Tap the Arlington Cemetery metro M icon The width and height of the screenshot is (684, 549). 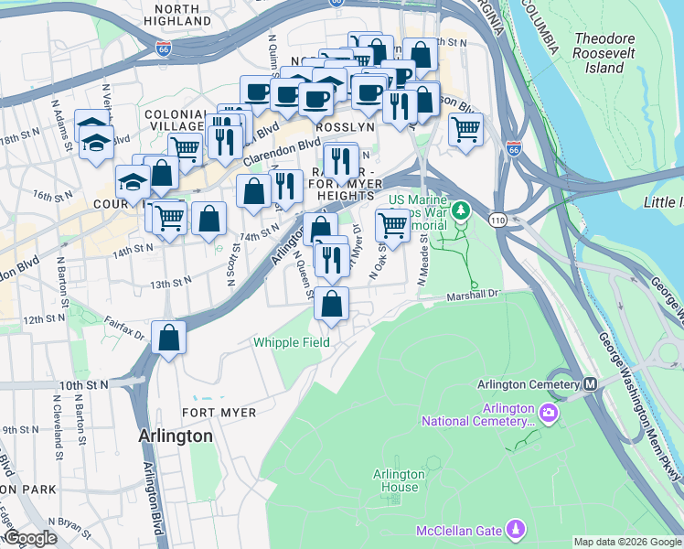coord(591,383)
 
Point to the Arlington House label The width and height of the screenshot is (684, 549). coord(399,480)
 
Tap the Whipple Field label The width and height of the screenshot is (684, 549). coord(291,342)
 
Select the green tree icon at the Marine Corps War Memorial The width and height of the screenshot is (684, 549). coord(463,210)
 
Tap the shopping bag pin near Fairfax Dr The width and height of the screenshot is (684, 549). coord(169,339)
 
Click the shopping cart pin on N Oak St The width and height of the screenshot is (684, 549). coord(392,224)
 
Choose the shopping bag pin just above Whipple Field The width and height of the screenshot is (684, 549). coord(333,304)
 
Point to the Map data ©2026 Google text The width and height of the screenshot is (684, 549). coord(626,542)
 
